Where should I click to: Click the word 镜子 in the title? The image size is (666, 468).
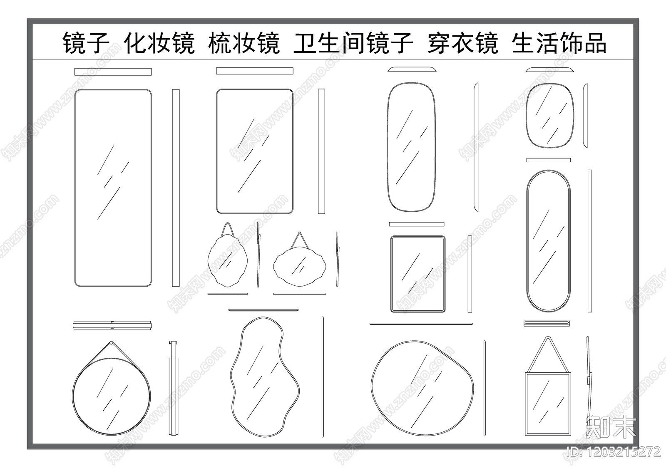[x=86, y=43]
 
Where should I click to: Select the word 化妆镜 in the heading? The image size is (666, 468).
[x=159, y=43]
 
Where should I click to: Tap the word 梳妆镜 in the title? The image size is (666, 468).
[x=244, y=43]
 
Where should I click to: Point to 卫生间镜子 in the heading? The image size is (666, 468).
[x=353, y=43]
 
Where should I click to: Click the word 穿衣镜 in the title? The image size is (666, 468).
[x=462, y=43]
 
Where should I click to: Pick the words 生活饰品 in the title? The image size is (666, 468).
[x=559, y=43]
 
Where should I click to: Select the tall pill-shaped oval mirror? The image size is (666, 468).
[x=548, y=240]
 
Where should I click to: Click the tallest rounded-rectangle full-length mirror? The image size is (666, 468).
[x=113, y=188]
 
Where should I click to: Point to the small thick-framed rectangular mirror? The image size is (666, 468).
[x=417, y=274]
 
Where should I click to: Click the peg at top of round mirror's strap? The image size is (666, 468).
[x=111, y=343]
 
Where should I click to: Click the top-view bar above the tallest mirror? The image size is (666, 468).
[x=113, y=72]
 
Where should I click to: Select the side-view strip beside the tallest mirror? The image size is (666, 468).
[x=176, y=188]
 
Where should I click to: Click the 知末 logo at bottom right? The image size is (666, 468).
[x=611, y=426]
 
